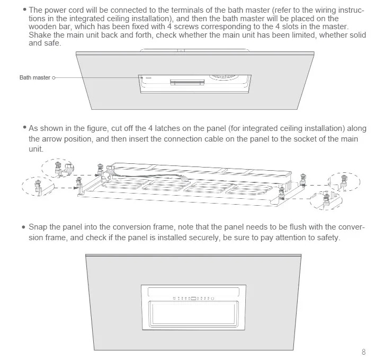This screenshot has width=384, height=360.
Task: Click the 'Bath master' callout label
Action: [x=35, y=77]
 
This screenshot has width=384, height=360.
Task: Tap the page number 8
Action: [x=364, y=352]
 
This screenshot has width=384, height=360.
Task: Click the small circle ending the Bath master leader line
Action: [x=54, y=77]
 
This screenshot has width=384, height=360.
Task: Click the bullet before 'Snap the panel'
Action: [x=23, y=227]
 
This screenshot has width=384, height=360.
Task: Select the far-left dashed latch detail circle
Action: [x=37, y=186]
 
